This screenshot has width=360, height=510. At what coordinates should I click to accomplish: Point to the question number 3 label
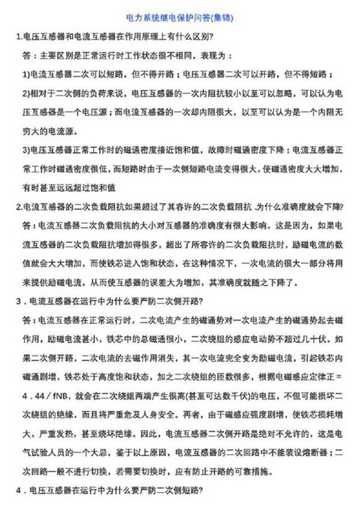(19, 303)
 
